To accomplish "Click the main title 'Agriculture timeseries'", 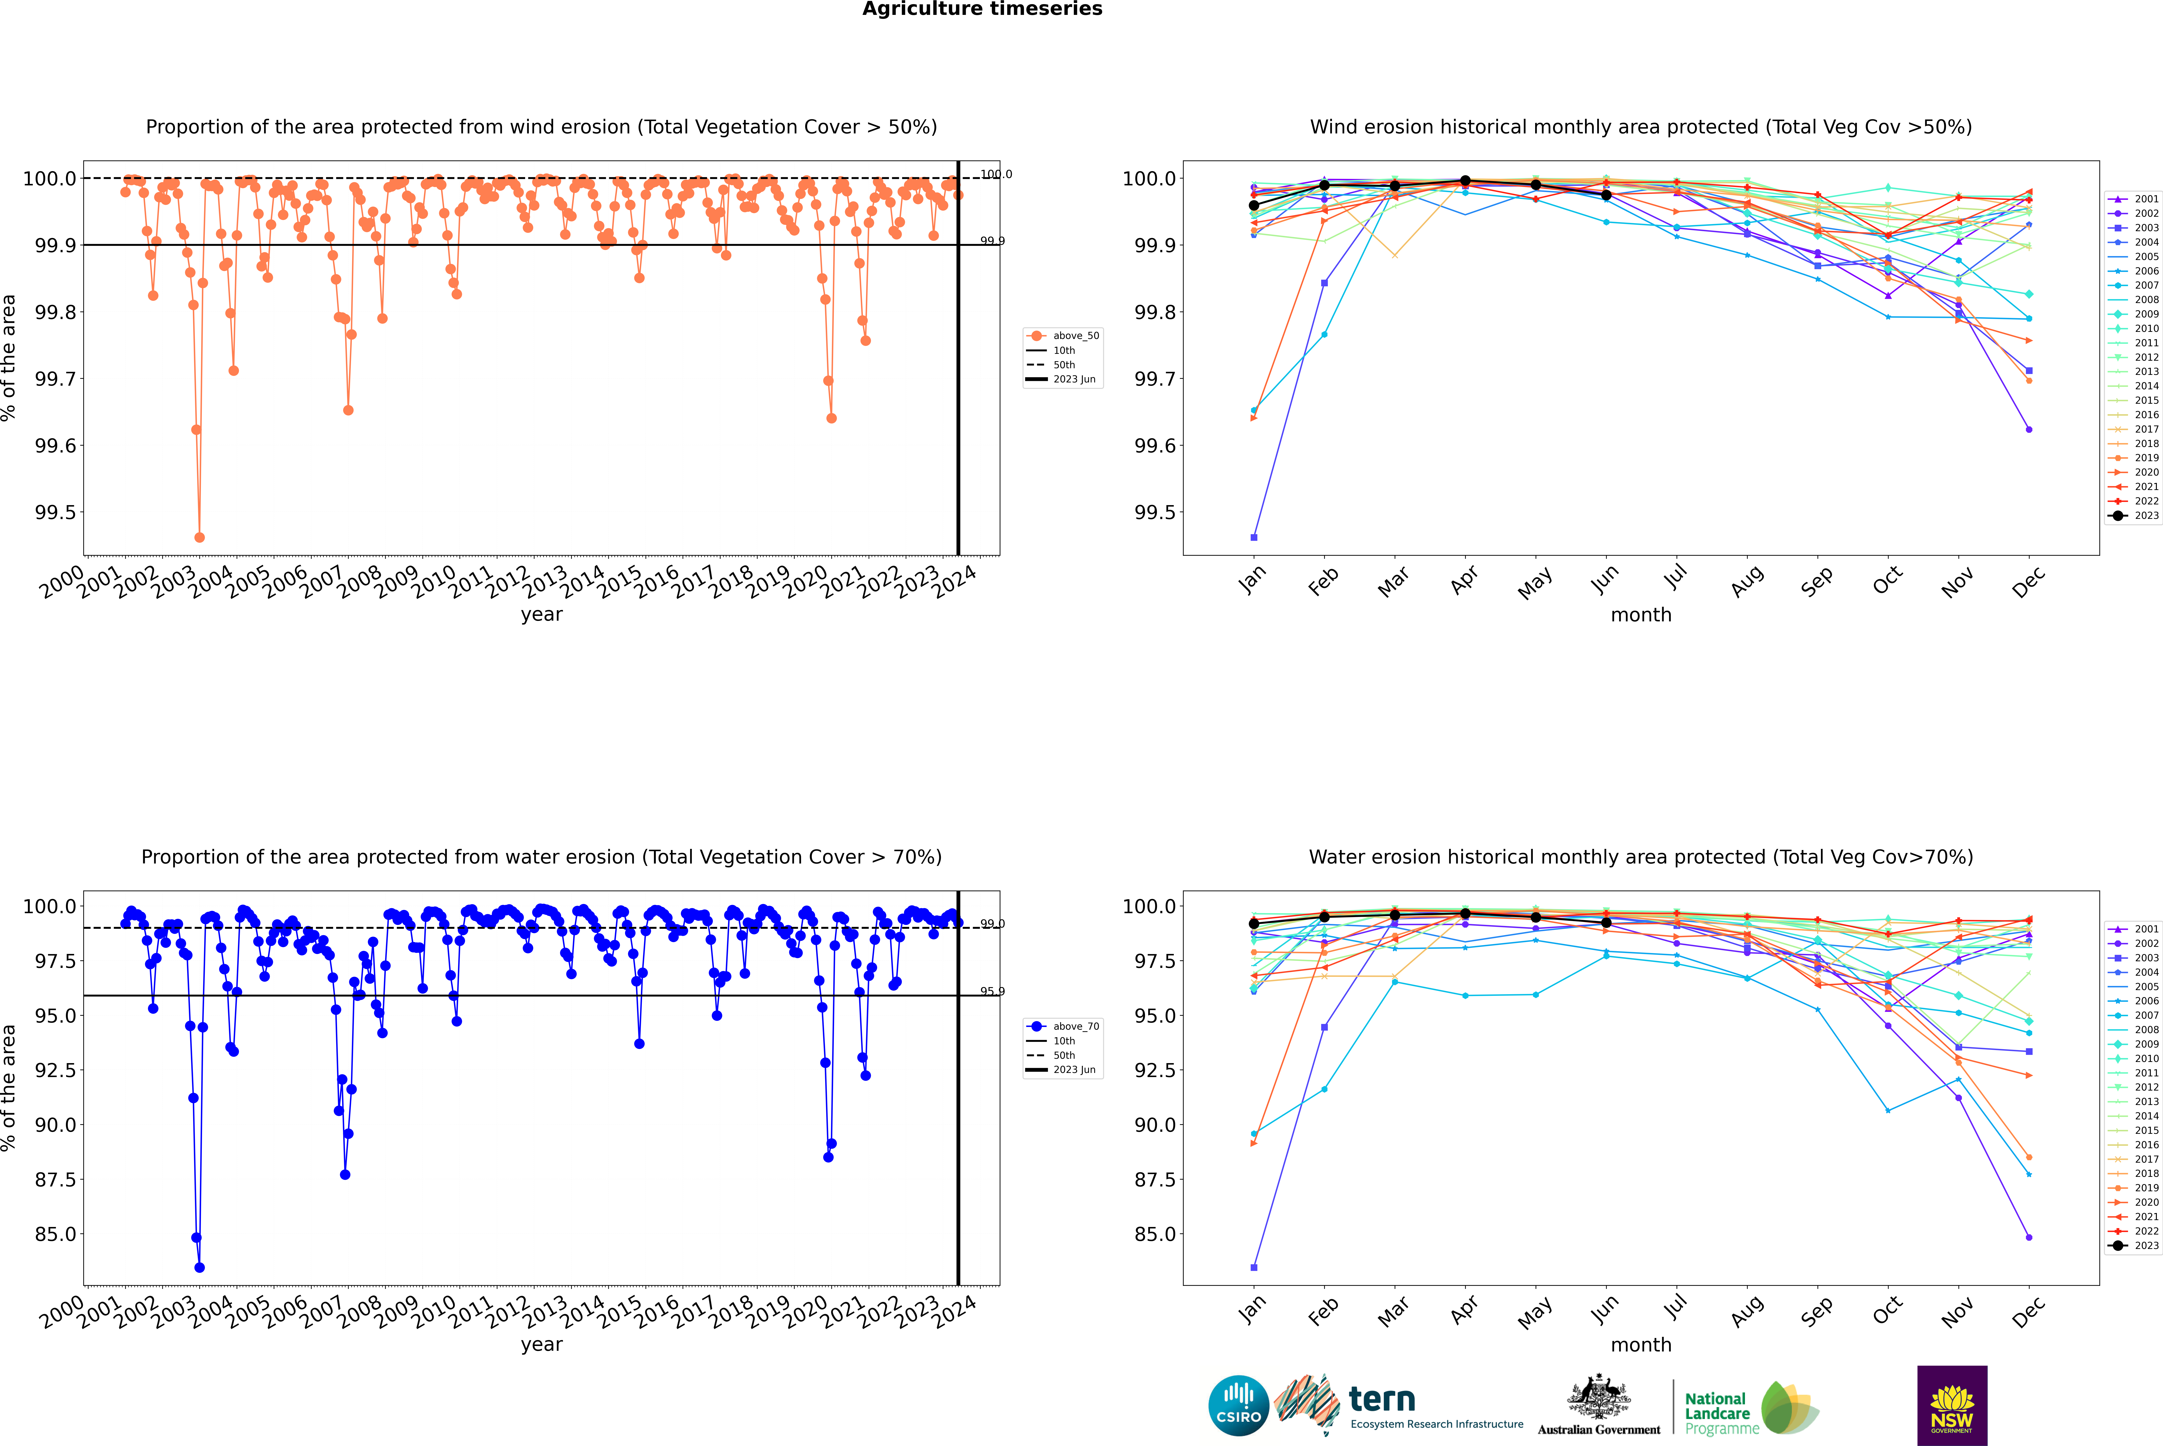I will pos(982,9).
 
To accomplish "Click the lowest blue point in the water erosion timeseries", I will pos(199,1267).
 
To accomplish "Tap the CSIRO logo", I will pos(1238,1405).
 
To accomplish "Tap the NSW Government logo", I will pos(1952,1405).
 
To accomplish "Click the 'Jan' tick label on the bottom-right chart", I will pos(1252,1310).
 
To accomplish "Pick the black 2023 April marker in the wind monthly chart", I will pos(1465,181).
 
